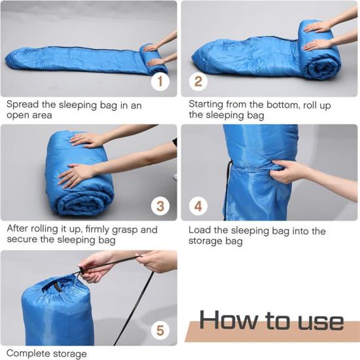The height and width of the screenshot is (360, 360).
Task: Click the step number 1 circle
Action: pyautogui.click(x=160, y=82)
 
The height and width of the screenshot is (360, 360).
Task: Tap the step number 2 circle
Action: pyautogui.click(x=198, y=82)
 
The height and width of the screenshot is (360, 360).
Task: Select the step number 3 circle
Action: pyautogui.click(x=160, y=206)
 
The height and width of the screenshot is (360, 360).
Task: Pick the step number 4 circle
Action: pyautogui.click(x=198, y=206)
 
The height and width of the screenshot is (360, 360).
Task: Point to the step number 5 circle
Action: pyautogui.click(x=160, y=331)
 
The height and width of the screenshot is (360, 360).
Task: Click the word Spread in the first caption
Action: pyautogui.click(x=22, y=105)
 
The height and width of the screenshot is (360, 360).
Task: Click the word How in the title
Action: pyautogui.click(x=228, y=319)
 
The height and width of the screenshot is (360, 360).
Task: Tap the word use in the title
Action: pyautogui.click(x=321, y=323)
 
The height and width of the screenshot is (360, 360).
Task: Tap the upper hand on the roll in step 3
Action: pyautogui.click(x=87, y=140)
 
